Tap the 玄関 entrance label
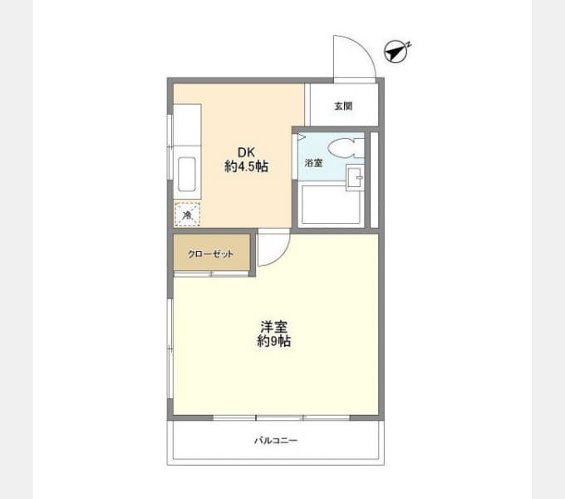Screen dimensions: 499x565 coord(343,106)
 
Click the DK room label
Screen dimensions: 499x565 coord(246,152)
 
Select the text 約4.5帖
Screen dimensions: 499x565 coord(246,166)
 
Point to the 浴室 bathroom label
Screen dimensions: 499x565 coord(313,163)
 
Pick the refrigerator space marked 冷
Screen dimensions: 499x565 coord(187,215)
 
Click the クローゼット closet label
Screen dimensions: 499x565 coord(210,254)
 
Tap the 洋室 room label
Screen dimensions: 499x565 coord(273,327)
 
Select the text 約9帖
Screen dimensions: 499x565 coord(273,342)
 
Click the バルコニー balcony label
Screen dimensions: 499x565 coord(275,441)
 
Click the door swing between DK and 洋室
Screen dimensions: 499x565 coord(273,249)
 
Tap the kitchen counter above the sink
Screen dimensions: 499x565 coord(187,125)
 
